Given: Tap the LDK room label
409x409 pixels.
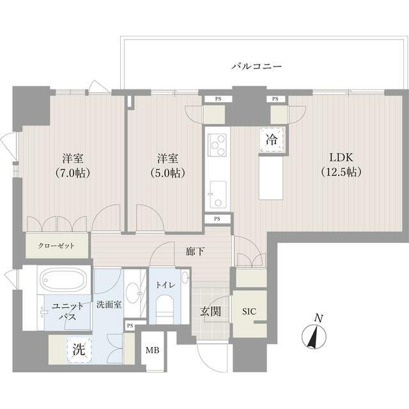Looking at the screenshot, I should tap(341, 158).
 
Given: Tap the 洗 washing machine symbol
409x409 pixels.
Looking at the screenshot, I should tap(77, 350).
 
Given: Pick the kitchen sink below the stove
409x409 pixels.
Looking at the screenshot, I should tap(217, 193).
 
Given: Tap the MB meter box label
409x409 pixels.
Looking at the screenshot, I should tap(153, 350).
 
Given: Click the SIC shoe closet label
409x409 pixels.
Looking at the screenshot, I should tap(249, 313).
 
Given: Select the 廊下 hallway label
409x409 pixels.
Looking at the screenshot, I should tap(196, 252).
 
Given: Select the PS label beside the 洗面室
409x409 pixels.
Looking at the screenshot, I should tap(130, 325).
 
